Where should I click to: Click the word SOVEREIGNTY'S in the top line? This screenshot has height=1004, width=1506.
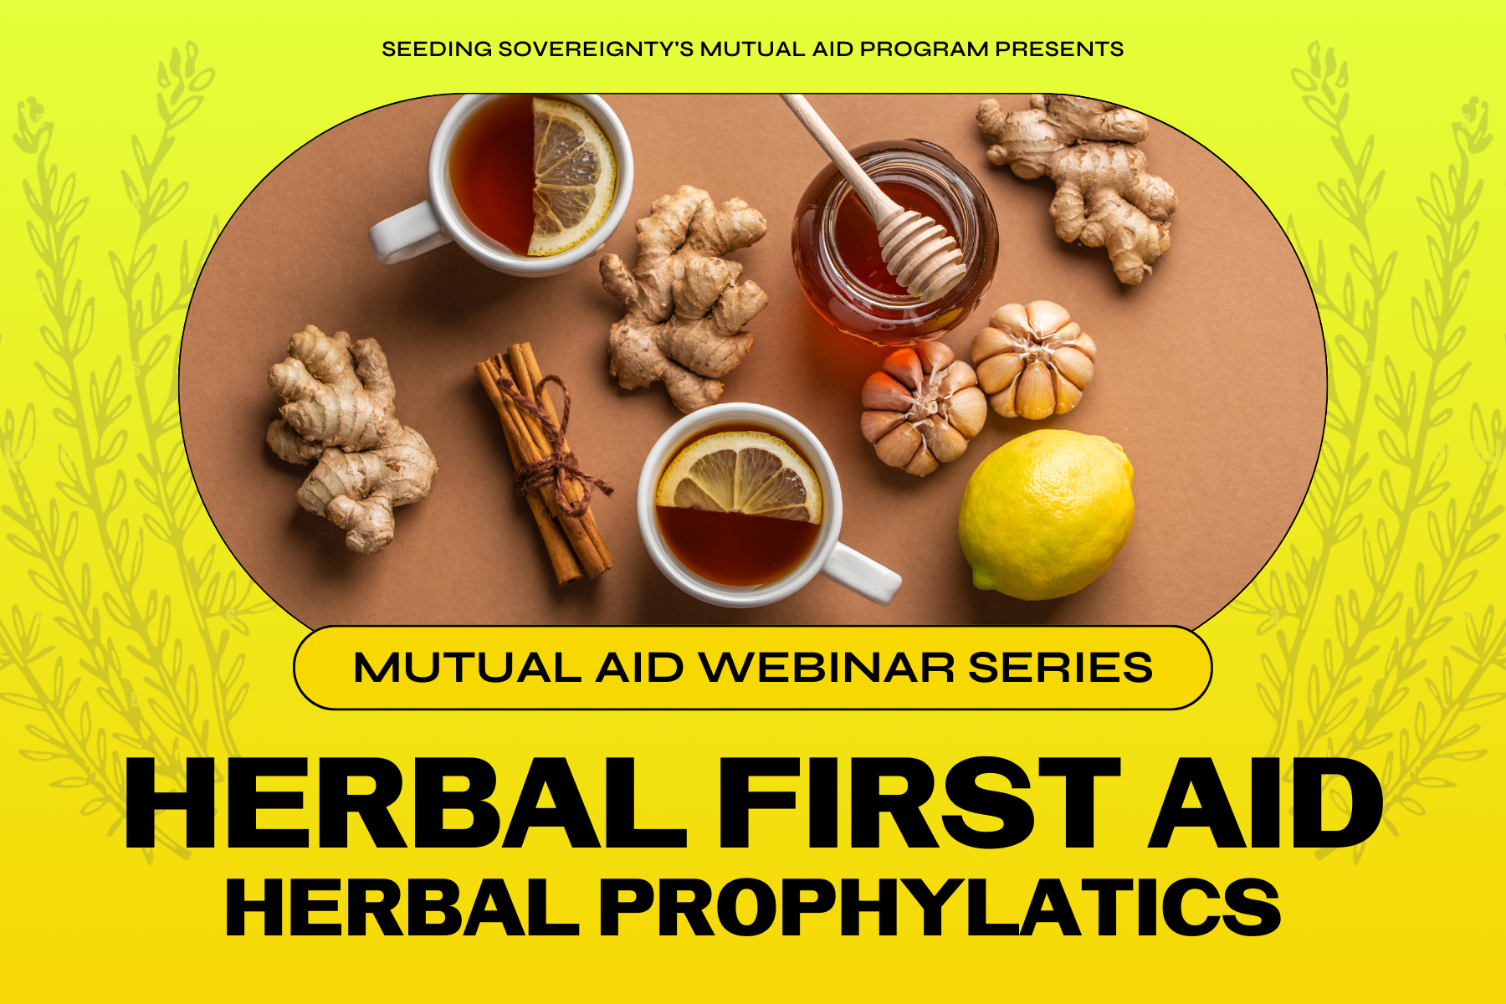pyautogui.click(x=596, y=49)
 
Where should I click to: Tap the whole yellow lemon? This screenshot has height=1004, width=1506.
pyautogui.click(x=1046, y=515)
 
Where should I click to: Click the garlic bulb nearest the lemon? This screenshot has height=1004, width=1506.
pyautogui.click(x=1034, y=360)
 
